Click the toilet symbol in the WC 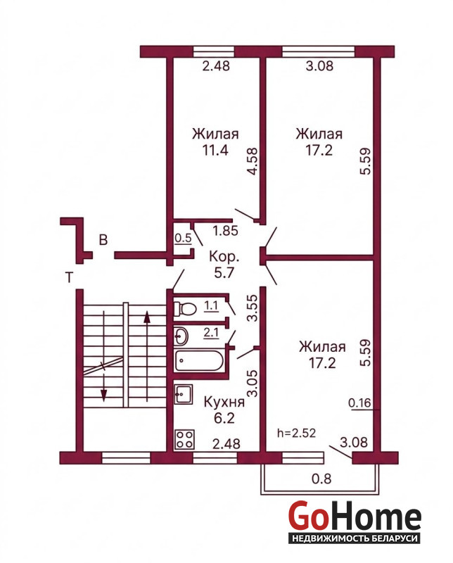[x=185, y=308]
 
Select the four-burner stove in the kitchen [x=185, y=439]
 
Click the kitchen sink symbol [x=184, y=395]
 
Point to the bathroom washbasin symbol [x=182, y=336]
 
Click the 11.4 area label [x=215, y=150]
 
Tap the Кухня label [x=224, y=402]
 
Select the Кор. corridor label [x=224, y=257]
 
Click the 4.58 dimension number [x=253, y=161]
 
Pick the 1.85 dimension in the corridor [x=225, y=231]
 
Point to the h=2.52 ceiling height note [x=297, y=433]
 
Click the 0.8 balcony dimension [x=321, y=479]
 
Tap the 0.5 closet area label [x=183, y=239]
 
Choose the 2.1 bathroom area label [x=212, y=333]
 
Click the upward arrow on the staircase [x=147, y=356]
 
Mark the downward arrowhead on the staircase [x=103, y=395]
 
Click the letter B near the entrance [x=103, y=240]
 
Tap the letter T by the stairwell [x=70, y=277]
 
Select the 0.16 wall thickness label [x=359, y=403]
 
